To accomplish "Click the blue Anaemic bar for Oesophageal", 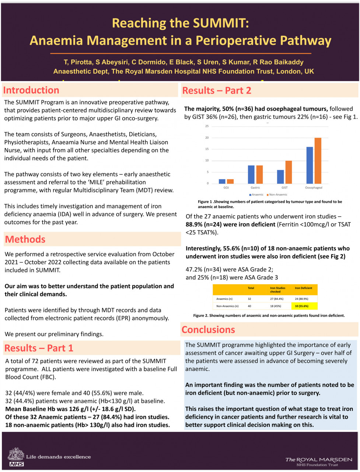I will coord(310,165).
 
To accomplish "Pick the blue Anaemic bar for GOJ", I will coord(222,181).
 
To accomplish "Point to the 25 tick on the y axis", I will coord(207,126).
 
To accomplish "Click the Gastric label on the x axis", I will coord(255,188).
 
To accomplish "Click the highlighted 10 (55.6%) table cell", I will coord(304,306).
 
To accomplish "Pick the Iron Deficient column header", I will coord(303,288).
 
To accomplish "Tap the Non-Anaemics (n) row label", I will coord(227,306).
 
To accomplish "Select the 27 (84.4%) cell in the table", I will coord(277,299).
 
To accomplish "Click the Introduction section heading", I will coord(31,90).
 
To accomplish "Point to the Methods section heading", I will coord(25,239).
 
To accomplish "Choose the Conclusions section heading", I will coord(208,330).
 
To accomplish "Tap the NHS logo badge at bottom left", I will coord(17,464).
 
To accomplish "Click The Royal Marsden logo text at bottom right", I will coord(319,459).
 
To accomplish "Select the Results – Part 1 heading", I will coord(39,348).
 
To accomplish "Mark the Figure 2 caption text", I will coord(269,316).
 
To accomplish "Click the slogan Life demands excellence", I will coord(58,457).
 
